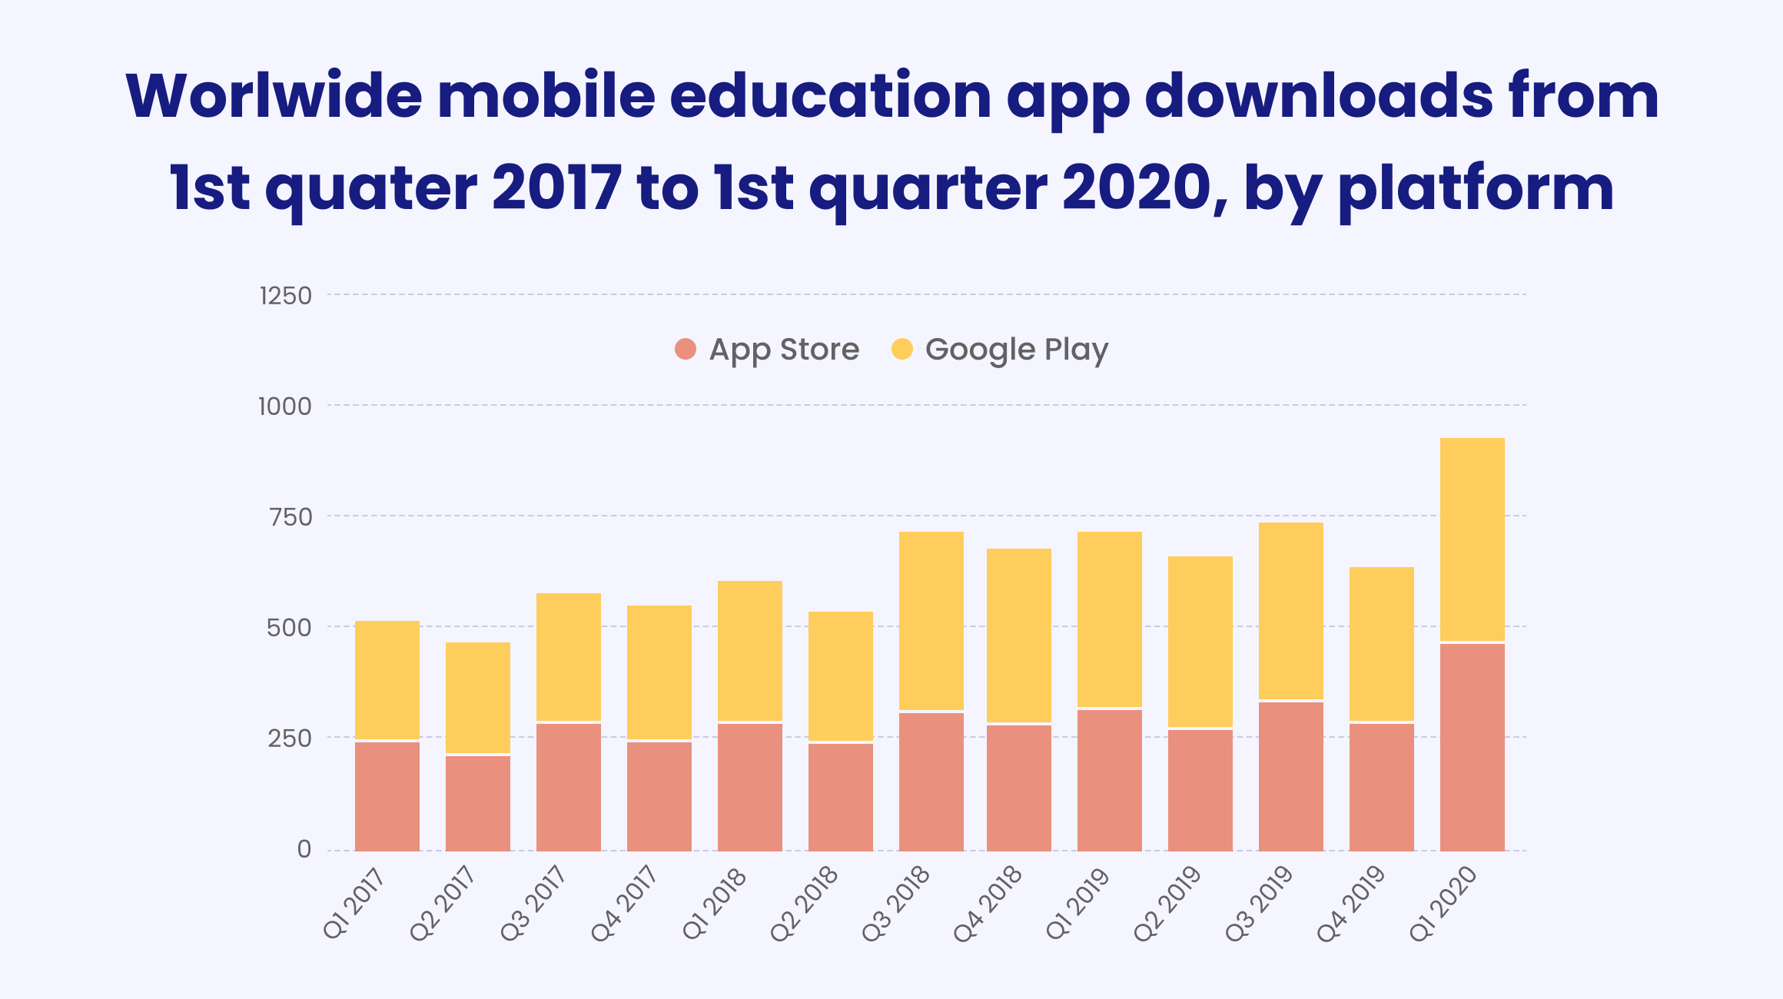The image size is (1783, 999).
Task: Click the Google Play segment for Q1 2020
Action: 1472,539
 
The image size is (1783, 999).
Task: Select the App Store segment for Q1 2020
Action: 1472,747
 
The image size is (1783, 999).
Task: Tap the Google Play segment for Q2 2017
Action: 477,697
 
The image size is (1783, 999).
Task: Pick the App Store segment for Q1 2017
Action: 387,796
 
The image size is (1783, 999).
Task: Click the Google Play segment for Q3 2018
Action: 931,621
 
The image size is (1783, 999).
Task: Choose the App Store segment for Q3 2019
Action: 1290,776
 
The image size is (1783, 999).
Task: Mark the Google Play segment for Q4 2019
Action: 1381,643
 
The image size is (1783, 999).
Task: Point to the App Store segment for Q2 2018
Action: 840,797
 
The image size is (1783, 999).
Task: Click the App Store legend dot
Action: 685,349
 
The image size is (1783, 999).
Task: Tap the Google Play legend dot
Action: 901,349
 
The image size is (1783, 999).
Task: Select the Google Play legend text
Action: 1016,350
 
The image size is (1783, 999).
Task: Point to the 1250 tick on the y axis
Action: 286,296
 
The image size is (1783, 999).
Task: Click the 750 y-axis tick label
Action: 291,517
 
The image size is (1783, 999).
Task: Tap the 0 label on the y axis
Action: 304,849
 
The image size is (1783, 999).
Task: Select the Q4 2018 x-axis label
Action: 988,904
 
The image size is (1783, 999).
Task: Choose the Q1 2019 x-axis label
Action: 1078,904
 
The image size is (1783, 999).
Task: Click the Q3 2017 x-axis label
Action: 534,904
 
